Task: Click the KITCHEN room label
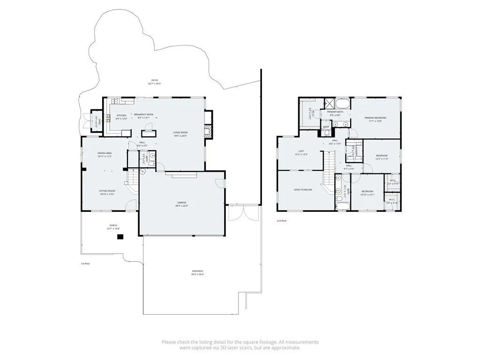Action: pyautogui.click(x=121, y=115)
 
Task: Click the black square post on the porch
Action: pyautogui.click(x=120, y=237)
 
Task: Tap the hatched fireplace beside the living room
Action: pyautogui.click(x=209, y=132)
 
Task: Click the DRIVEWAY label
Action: pyautogui.click(x=197, y=271)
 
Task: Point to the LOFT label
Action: pyautogui.click(x=301, y=151)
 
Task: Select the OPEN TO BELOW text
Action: pyautogui.click(x=303, y=190)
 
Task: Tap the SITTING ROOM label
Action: pyautogui.click(x=107, y=191)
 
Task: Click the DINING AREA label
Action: pyautogui.click(x=104, y=153)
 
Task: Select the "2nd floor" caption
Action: pyautogui.click(x=281, y=220)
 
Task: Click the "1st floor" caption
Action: pyautogui.click(x=85, y=263)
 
